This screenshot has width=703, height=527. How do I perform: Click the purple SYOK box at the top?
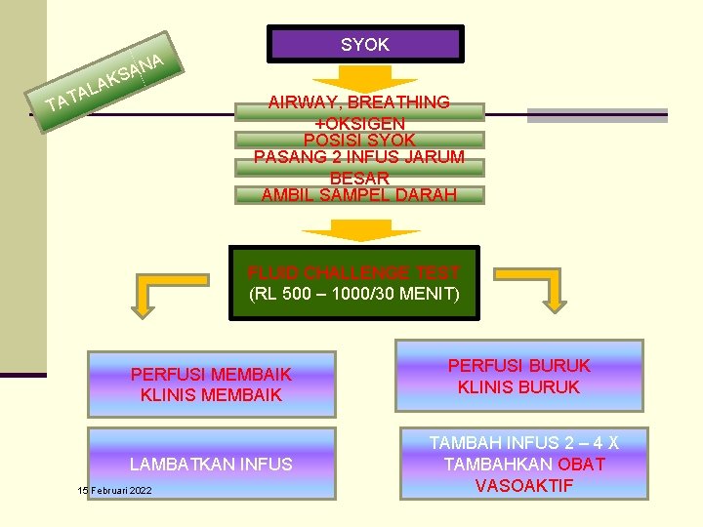[x=365, y=44]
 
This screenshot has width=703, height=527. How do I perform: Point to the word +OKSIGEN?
[x=359, y=123]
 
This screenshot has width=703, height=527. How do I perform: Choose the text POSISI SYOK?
[x=359, y=141]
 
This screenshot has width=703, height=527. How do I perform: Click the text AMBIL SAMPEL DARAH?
[x=359, y=194]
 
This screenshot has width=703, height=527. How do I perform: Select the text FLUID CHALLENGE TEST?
[x=353, y=273]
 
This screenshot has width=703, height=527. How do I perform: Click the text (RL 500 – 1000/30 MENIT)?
[x=353, y=294]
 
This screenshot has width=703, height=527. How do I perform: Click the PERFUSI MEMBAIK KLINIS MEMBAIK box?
[x=211, y=385]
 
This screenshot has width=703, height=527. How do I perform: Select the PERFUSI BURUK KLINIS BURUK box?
[x=518, y=376]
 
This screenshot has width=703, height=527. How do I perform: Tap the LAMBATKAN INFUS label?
[x=211, y=465]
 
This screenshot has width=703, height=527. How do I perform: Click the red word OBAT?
[x=581, y=465]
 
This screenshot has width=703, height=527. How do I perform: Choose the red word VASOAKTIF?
[x=523, y=485]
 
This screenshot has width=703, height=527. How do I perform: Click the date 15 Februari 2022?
[x=115, y=490]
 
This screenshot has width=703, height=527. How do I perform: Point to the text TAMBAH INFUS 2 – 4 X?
[x=523, y=443]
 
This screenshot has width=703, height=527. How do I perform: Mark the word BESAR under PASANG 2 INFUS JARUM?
[x=359, y=178]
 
